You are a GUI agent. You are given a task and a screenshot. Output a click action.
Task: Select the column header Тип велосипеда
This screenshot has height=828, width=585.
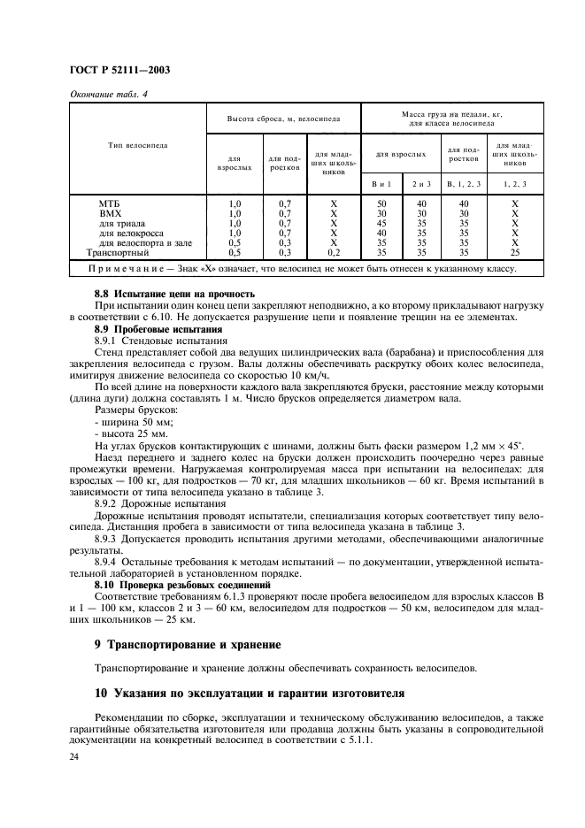(x=138, y=144)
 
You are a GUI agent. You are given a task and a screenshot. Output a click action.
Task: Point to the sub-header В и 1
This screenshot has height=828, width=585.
(x=381, y=183)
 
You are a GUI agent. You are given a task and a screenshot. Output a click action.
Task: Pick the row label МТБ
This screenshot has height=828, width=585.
(x=111, y=203)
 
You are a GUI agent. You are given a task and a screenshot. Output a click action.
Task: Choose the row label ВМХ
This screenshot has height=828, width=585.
(x=111, y=213)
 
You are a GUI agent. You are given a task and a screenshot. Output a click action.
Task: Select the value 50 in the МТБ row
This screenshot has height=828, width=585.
(x=381, y=203)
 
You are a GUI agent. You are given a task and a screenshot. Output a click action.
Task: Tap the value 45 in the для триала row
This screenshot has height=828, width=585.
(x=381, y=223)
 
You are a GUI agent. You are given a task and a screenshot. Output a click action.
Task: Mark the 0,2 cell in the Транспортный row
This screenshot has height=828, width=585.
(x=333, y=251)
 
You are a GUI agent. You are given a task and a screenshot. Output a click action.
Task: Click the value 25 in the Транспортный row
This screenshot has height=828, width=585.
(x=512, y=251)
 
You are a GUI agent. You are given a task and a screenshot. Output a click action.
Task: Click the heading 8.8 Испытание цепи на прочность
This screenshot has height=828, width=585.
(x=174, y=293)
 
